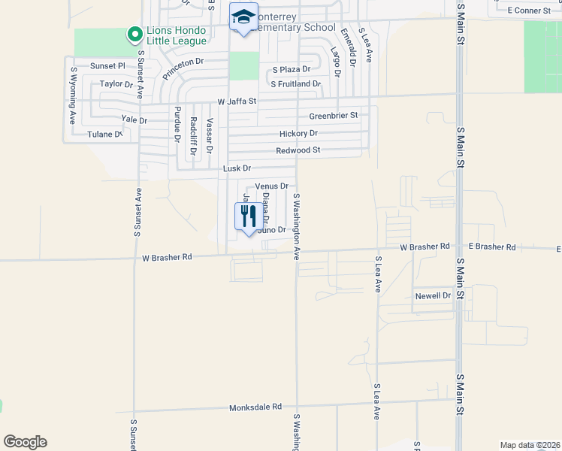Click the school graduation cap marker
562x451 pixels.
[x=243, y=17]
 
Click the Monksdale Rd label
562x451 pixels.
[x=255, y=407]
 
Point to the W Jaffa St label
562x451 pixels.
[x=237, y=101]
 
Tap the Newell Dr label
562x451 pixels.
[x=433, y=296]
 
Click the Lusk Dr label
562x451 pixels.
[x=237, y=168]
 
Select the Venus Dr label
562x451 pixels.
[x=272, y=186]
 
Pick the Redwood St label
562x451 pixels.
[x=298, y=150]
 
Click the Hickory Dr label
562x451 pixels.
[x=298, y=133]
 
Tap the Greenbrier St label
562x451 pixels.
[x=334, y=116]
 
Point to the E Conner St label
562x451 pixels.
[x=529, y=11]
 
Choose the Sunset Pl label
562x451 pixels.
[x=107, y=66]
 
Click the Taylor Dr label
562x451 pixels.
[x=116, y=84]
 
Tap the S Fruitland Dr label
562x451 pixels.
[x=296, y=84]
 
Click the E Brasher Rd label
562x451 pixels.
[x=492, y=247]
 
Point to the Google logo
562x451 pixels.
[x=25, y=442]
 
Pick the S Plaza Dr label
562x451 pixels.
[x=292, y=69]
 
